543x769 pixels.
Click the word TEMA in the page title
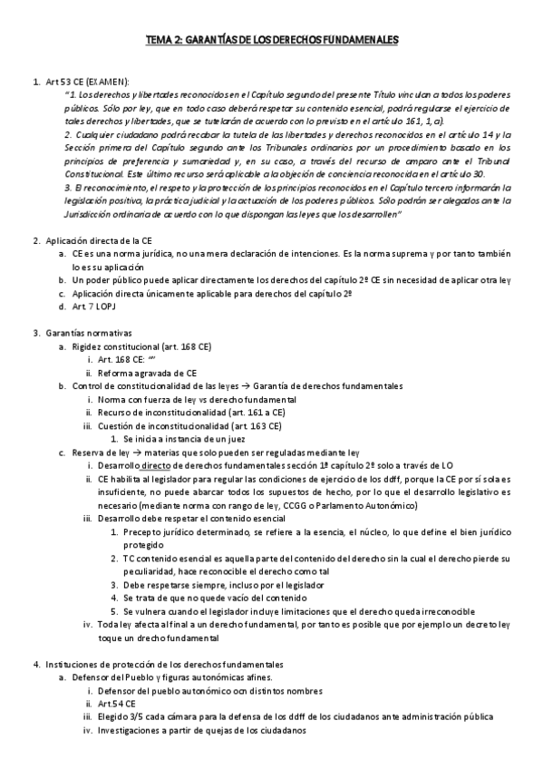click(160, 40)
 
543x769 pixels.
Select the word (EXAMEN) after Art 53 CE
click(108, 82)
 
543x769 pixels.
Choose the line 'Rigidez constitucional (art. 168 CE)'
click(141, 346)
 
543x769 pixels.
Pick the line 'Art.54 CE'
click(117, 703)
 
